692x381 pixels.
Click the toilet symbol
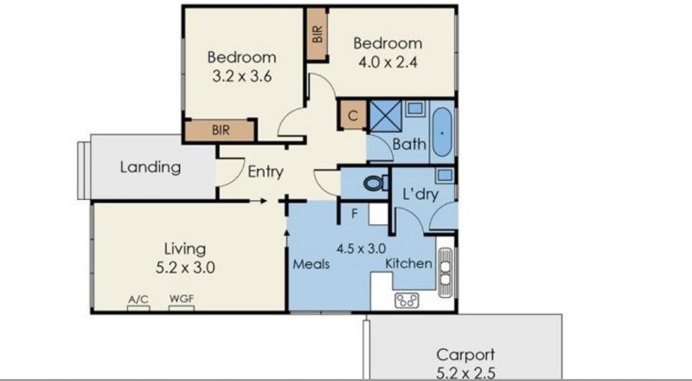pyautogui.click(x=375, y=183)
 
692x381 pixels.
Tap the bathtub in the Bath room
pyautogui.click(x=442, y=132)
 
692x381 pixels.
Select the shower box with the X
pyautogui.click(x=385, y=116)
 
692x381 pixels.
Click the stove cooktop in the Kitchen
pyautogui.click(x=407, y=301)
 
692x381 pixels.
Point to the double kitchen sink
pyautogui.click(x=445, y=273)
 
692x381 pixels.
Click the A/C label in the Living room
pyautogui.click(x=138, y=300)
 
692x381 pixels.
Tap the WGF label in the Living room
pyautogui.click(x=182, y=299)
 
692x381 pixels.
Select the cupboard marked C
pyautogui.click(x=353, y=115)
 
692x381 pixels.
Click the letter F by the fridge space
pyautogui.click(x=355, y=214)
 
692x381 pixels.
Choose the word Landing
pyautogui.click(x=151, y=167)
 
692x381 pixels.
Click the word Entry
pyautogui.click(x=266, y=171)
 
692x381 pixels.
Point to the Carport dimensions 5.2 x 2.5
pyautogui.click(x=465, y=373)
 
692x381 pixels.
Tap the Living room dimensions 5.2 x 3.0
pyautogui.click(x=185, y=268)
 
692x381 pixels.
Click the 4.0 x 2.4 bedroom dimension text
pyautogui.click(x=388, y=61)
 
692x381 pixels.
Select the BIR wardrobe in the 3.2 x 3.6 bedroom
pyautogui.click(x=221, y=131)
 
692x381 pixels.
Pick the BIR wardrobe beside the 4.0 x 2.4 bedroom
pyautogui.click(x=317, y=34)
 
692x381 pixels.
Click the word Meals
pyautogui.click(x=311, y=264)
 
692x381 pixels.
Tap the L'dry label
pyautogui.click(x=420, y=194)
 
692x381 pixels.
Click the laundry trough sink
pyautogui.click(x=445, y=175)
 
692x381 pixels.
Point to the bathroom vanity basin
pyautogui.click(x=414, y=108)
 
